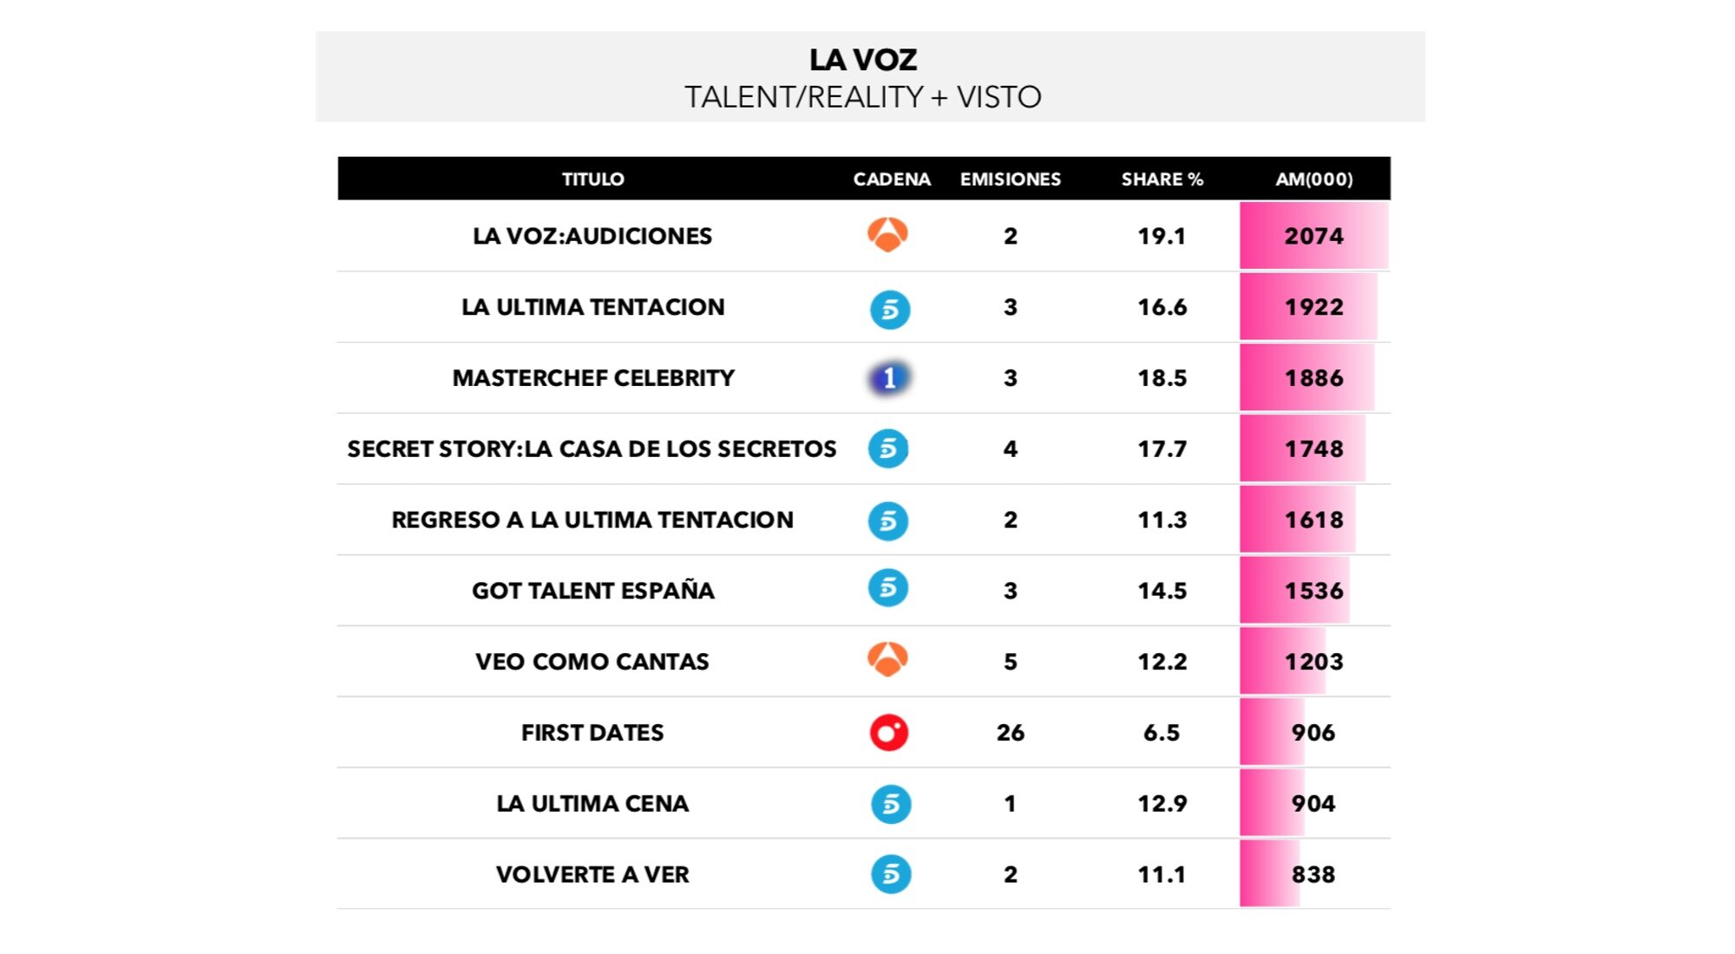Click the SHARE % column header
tap(1162, 180)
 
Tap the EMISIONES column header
tap(1010, 180)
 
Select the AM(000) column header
tap(1313, 180)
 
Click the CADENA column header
tap(892, 180)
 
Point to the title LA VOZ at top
tap(863, 60)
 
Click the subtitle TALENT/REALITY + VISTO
tap(863, 97)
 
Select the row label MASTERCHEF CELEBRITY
tap(593, 378)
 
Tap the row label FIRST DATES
tap(593, 733)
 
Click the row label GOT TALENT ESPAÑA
tap(593, 591)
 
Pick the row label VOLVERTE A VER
tap(593, 874)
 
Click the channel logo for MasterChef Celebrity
tap(888, 378)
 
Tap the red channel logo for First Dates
tap(888, 733)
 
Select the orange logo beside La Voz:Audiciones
tap(887, 234)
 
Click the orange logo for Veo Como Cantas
tap(887, 660)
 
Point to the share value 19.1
tap(1162, 236)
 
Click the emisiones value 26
tap(1010, 733)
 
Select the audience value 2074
tap(1313, 236)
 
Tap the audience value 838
tap(1313, 874)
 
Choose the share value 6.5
tap(1162, 733)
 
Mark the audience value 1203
tap(1313, 662)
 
